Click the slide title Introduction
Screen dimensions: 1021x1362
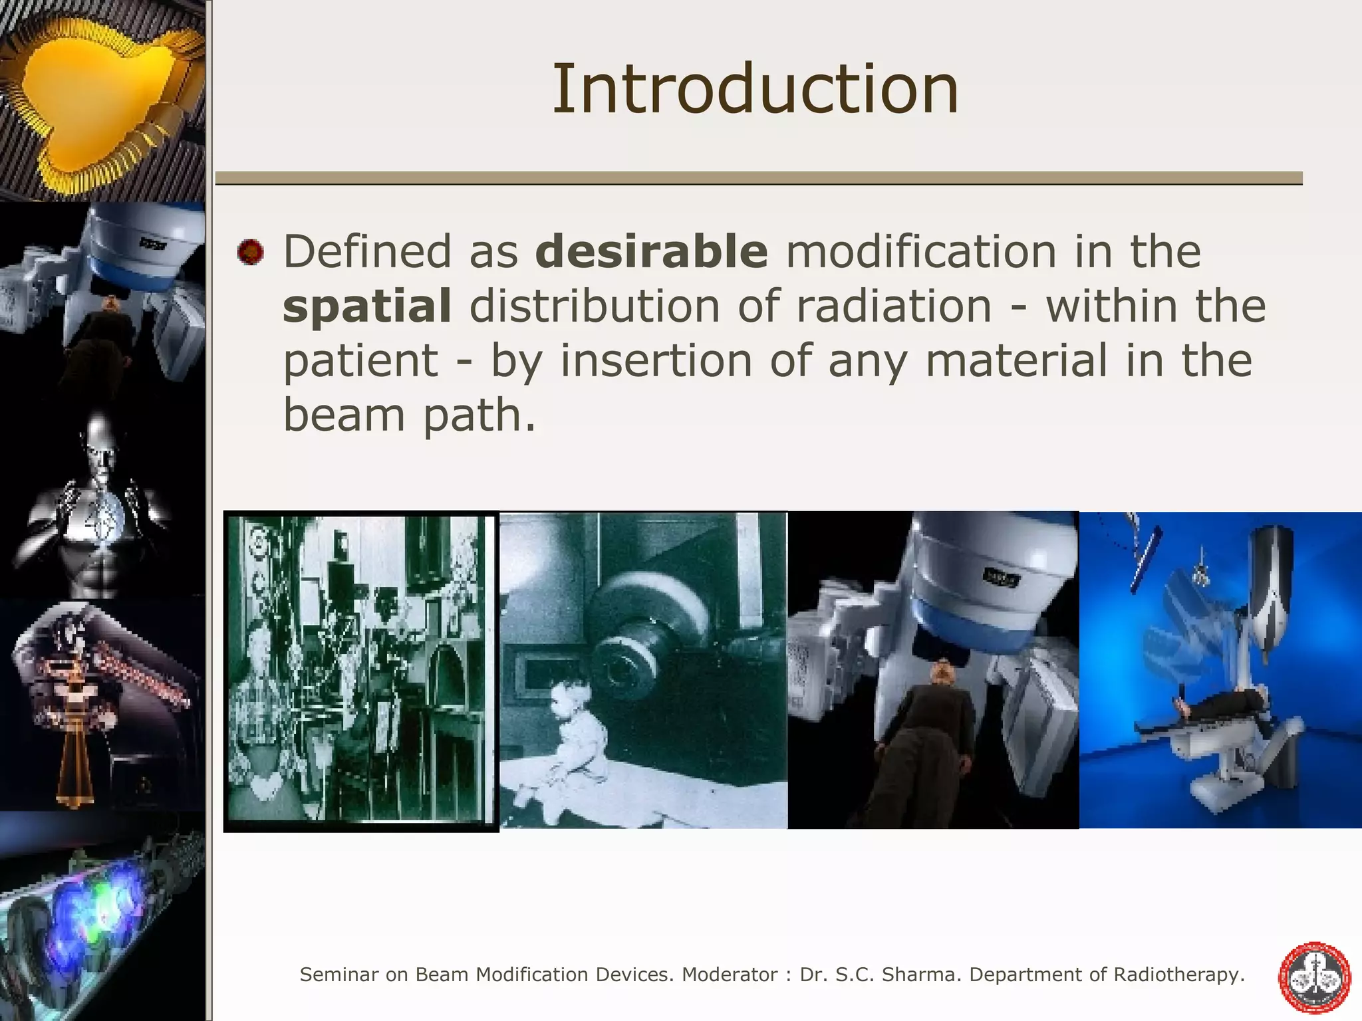(755, 88)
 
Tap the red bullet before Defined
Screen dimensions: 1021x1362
(250, 253)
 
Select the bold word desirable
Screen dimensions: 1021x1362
(651, 251)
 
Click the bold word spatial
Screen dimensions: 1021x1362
(367, 306)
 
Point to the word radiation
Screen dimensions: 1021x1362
(894, 306)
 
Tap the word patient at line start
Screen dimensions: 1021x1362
(360, 362)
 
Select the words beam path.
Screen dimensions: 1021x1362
(408, 415)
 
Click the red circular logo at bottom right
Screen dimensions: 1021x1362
(1315, 977)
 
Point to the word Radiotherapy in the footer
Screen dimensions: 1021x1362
(1178, 974)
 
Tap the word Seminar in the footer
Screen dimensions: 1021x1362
(339, 974)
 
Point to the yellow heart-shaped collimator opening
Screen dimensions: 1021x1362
(86, 93)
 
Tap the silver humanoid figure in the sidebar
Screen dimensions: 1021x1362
(100, 505)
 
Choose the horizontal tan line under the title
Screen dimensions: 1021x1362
(758, 177)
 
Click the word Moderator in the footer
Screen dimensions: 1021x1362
(730, 974)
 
